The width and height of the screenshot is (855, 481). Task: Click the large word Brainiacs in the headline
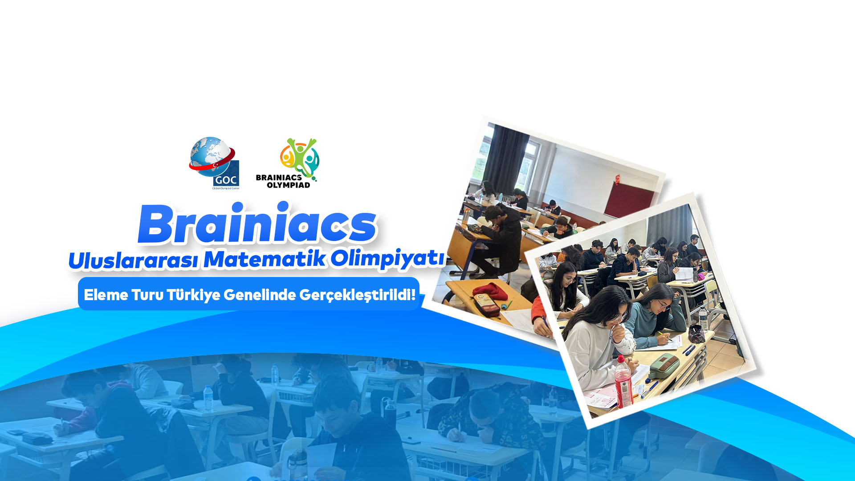tap(257, 224)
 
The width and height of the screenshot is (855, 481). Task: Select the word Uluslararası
tap(133, 260)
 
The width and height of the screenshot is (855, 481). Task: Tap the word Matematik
tap(265, 259)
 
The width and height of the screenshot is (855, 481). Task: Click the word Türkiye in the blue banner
tap(193, 294)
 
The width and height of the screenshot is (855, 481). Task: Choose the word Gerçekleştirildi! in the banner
tap(357, 294)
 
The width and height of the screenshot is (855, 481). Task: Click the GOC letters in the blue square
tap(226, 180)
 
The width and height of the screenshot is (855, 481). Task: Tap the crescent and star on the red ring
tap(215, 165)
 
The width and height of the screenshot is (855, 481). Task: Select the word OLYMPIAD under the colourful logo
tap(289, 185)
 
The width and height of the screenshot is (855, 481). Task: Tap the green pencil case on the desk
tap(664, 366)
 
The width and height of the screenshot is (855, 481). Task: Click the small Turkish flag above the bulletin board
tap(618, 179)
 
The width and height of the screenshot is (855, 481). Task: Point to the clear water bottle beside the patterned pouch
tap(703, 318)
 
